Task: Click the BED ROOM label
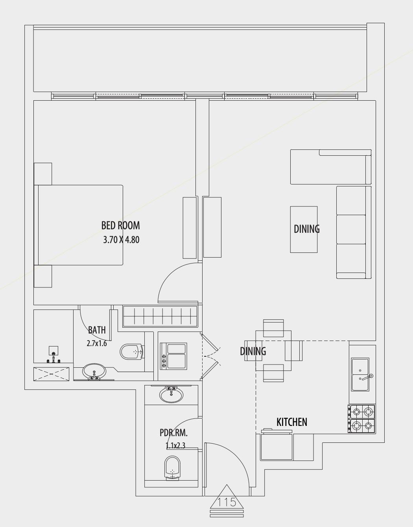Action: (x=120, y=225)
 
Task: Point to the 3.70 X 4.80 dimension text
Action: (x=121, y=240)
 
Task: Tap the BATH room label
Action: (x=97, y=330)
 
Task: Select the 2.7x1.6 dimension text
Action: (x=97, y=343)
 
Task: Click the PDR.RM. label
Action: (x=173, y=433)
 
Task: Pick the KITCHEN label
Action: (x=291, y=422)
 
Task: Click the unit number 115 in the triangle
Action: (x=227, y=502)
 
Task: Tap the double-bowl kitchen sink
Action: (x=360, y=374)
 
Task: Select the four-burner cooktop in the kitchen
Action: (x=361, y=419)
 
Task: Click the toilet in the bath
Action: (x=131, y=352)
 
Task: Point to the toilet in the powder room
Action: (x=172, y=468)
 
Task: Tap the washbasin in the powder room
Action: (x=171, y=394)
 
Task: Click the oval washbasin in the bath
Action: (x=94, y=370)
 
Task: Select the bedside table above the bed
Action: (x=43, y=174)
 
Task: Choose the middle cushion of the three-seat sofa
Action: (x=351, y=229)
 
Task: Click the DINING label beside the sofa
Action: (x=306, y=228)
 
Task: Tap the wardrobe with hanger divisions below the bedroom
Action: (x=160, y=317)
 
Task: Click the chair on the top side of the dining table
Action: (x=273, y=328)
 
